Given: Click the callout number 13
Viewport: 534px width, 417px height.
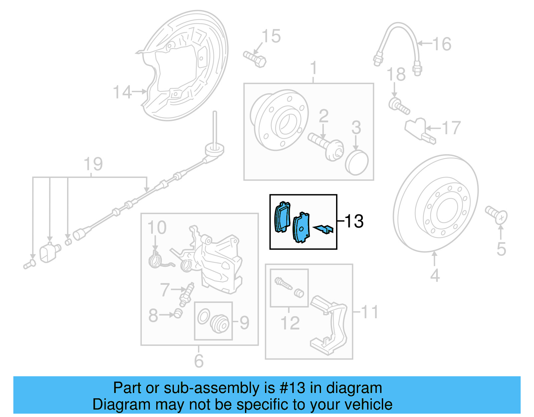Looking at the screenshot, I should coord(354,221).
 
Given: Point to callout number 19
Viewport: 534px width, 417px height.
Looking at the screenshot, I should coord(93,164).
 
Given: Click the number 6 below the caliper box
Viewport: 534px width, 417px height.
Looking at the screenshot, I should coord(199,361).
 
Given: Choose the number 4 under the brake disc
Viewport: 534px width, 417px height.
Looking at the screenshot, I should coord(435,276).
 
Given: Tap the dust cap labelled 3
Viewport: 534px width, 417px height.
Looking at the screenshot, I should coord(356,163).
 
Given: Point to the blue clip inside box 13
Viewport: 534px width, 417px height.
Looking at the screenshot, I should coord(324,229).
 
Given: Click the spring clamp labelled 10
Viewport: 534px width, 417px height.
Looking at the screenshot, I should coord(155,260).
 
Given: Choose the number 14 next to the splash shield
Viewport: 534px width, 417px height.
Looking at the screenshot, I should coord(122,92).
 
